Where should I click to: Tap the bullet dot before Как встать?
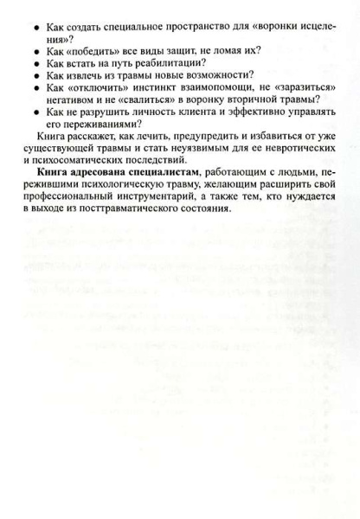(36, 64)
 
